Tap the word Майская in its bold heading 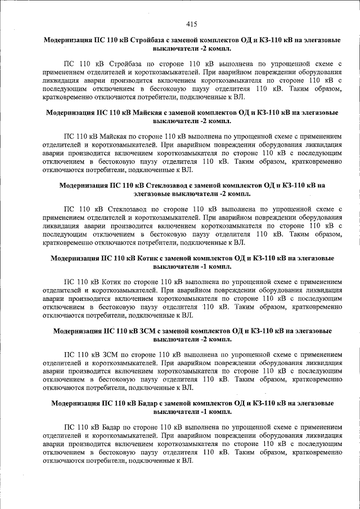(x=150, y=113)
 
